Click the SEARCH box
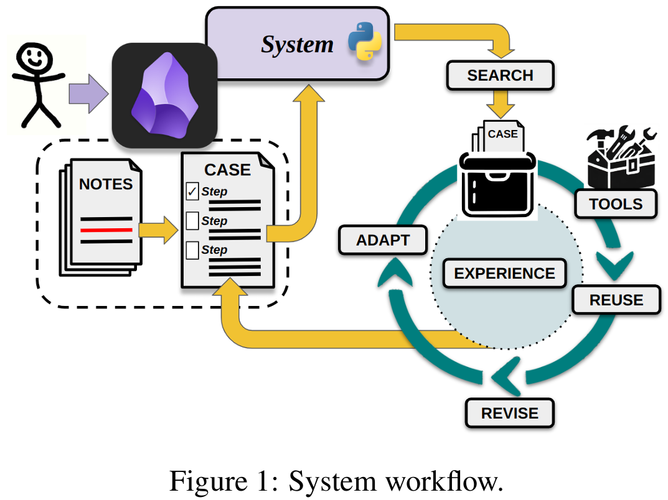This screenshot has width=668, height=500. pyautogui.click(x=500, y=75)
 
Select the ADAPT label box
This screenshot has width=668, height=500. pyautogui.click(x=383, y=240)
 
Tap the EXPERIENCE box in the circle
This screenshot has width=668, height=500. pyautogui.click(x=504, y=273)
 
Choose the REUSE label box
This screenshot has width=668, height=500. pyautogui.click(x=616, y=300)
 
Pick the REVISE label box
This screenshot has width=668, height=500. pyautogui.click(x=509, y=413)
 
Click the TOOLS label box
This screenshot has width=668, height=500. pyautogui.click(x=616, y=204)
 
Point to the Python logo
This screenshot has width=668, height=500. pyautogui.click(x=365, y=41)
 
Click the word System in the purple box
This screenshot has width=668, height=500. pyautogui.click(x=297, y=45)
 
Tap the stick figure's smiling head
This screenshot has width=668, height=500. pyautogui.click(x=34, y=58)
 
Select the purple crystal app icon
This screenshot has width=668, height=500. pyautogui.click(x=165, y=95)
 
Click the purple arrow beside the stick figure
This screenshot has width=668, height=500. pyautogui.click(x=88, y=94)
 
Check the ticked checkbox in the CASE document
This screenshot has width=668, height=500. pyautogui.click(x=192, y=191)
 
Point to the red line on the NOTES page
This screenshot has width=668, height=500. pyautogui.click(x=106, y=230)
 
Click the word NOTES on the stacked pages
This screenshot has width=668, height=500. pyautogui.click(x=106, y=184)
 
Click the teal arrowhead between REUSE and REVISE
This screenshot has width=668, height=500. pyautogui.click(x=506, y=376)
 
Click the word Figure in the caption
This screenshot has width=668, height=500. pyautogui.click(x=209, y=481)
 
